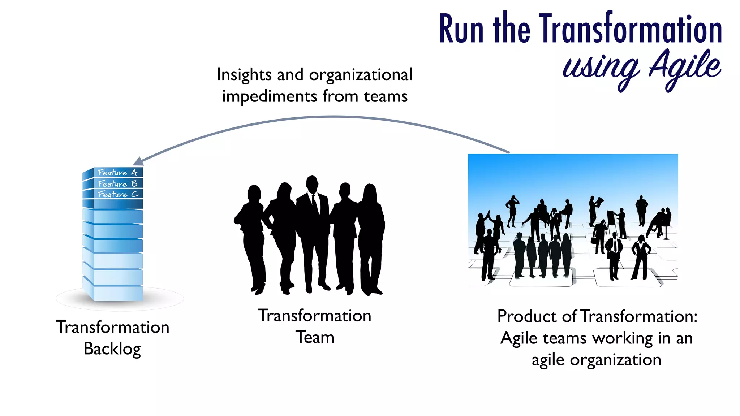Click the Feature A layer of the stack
tap(118, 173)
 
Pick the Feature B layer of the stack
tap(118, 184)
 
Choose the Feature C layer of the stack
tap(118, 194)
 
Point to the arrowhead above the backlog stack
tap(138, 161)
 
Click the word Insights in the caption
tap(244, 75)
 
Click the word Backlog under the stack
tap(112, 349)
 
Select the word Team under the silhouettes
tap(315, 337)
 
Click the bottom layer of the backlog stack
tap(118, 294)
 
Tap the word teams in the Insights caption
tap(386, 97)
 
